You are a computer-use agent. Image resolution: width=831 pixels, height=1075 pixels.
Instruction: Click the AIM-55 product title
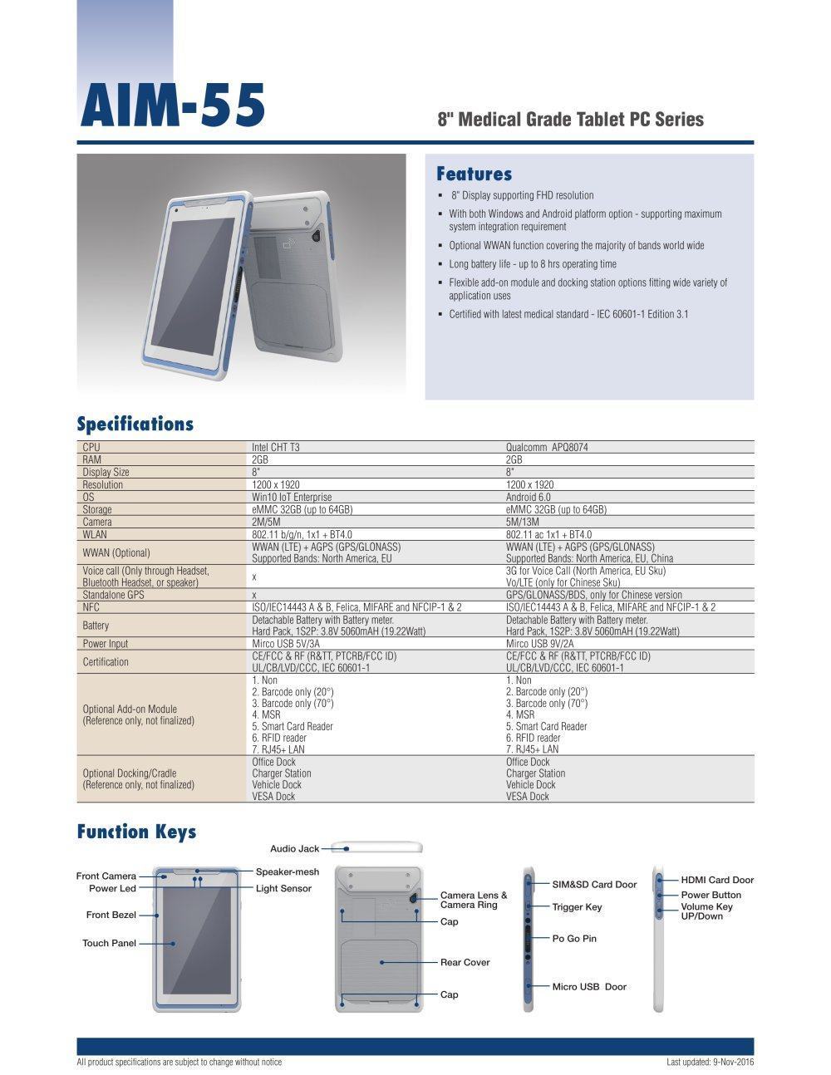pyautogui.click(x=173, y=106)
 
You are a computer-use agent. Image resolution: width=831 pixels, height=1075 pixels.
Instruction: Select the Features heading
pyautogui.click(x=474, y=174)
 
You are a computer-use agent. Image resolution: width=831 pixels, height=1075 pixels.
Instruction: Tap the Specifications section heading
pyautogui.click(x=135, y=425)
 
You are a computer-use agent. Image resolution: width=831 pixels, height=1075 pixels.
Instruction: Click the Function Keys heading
pyautogui.click(x=136, y=832)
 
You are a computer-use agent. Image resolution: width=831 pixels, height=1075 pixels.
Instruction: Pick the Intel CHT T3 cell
pyautogui.click(x=275, y=447)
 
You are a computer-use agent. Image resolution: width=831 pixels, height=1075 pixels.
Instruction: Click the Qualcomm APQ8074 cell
pyautogui.click(x=553, y=447)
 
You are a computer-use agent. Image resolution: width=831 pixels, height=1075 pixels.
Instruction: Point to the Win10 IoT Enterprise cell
pyautogui.click(x=291, y=497)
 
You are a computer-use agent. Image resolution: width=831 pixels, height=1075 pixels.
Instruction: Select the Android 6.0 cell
pyautogui.click(x=533, y=497)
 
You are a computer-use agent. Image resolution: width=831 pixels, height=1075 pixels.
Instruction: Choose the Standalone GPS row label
pyautogui.click(x=113, y=595)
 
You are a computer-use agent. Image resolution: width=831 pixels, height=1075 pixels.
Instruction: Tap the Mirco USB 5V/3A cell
pyautogui.click(x=287, y=643)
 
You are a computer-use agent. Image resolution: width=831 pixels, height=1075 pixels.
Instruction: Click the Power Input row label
pyautogui.click(x=106, y=643)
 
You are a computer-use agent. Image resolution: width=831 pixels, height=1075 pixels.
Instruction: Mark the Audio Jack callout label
pyautogui.click(x=294, y=848)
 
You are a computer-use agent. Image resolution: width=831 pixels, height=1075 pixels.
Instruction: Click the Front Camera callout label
pyautogui.click(x=106, y=876)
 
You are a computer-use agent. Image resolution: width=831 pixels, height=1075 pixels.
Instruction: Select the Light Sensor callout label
pyautogui.click(x=283, y=888)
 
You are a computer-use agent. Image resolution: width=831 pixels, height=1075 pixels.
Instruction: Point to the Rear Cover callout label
pyautogui.click(x=465, y=962)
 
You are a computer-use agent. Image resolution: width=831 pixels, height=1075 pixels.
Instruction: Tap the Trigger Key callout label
pyautogui.click(x=577, y=907)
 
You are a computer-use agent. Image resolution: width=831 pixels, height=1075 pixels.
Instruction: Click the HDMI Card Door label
pyautogui.click(x=717, y=880)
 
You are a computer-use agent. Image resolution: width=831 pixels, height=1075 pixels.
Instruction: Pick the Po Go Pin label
pyautogui.click(x=574, y=938)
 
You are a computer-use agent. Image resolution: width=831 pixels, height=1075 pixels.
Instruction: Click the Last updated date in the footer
pyautogui.click(x=710, y=1062)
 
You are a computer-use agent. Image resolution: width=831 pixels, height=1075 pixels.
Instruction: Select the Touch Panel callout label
pyautogui.click(x=109, y=943)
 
